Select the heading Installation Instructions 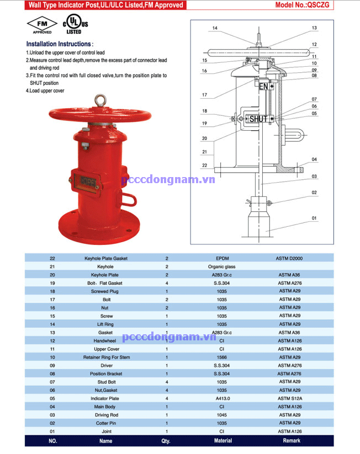[x=60, y=44]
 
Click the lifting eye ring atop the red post [x=100, y=100]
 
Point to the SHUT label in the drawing [x=258, y=119]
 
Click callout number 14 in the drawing [x=215, y=28]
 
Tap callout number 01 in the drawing [x=314, y=218]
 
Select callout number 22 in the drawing [x=204, y=165]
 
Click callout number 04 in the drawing [x=314, y=159]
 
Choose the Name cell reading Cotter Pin [x=105, y=424]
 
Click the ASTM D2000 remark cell [x=289, y=258]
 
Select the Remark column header [x=291, y=441]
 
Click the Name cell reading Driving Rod [x=105, y=415]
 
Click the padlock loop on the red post [x=129, y=198]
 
